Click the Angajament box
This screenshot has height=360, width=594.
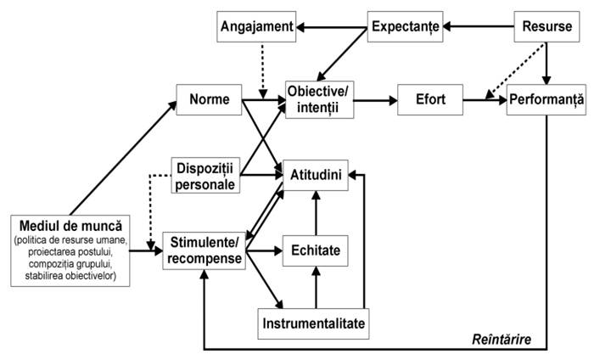(x=256, y=26)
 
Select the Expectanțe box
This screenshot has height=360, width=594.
(x=405, y=26)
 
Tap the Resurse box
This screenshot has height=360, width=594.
(x=546, y=26)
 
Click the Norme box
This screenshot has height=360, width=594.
(x=209, y=99)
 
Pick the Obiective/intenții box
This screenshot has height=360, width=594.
(x=320, y=99)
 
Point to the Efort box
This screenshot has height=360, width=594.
(x=430, y=99)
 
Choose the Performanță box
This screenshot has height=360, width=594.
(x=546, y=99)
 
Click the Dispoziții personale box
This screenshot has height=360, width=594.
(x=205, y=176)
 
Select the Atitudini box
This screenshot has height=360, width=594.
(x=316, y=175)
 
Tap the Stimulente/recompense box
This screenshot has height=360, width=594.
(x=205, y=250)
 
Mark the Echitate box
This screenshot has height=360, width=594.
(x=316, y=250)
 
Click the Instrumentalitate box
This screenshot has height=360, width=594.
(x=314, y=324)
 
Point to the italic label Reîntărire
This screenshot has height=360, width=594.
(x=502, y=339)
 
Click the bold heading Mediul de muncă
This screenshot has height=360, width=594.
(x=70, y=226)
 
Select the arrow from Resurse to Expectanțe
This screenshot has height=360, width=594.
(x=479, y=26)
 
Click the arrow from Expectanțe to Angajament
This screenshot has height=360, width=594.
(x=332, y=27)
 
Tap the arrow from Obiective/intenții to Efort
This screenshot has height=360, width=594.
(x=376, y=100)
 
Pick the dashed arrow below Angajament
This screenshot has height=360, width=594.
(x=263, y=70)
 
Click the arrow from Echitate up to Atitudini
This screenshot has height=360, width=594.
(x=316, y=213)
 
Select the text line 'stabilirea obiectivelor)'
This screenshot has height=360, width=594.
(x=70, y=275)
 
